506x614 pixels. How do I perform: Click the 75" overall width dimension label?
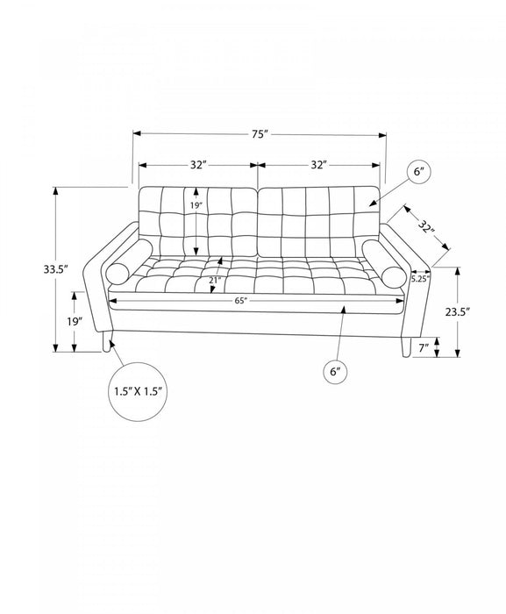coord(260,134)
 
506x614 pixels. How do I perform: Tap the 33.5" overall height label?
coord(56,269)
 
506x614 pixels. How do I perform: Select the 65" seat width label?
coord(242,301)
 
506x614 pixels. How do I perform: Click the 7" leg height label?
coord(424,347)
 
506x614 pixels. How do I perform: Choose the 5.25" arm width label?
coord(420,279)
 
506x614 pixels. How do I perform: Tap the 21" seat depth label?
coord(215,281)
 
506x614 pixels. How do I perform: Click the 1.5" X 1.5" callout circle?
coord(138,391)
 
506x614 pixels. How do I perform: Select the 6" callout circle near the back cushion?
coord(418,172)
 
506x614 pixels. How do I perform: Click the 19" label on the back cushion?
coord(196,205)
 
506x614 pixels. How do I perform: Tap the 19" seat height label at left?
coord(75,322)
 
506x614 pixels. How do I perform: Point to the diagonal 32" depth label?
coord(426,227)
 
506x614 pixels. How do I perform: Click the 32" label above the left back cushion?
coord(198,165)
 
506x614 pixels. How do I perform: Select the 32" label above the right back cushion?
coord(319,165)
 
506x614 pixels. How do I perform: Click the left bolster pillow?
coord(129,263)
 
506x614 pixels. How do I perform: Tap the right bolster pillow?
coord(384,263)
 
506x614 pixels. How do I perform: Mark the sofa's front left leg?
coord(107,341)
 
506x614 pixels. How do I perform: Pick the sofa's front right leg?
coord(406,347)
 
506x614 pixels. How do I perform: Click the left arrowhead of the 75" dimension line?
coord(137,133)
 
